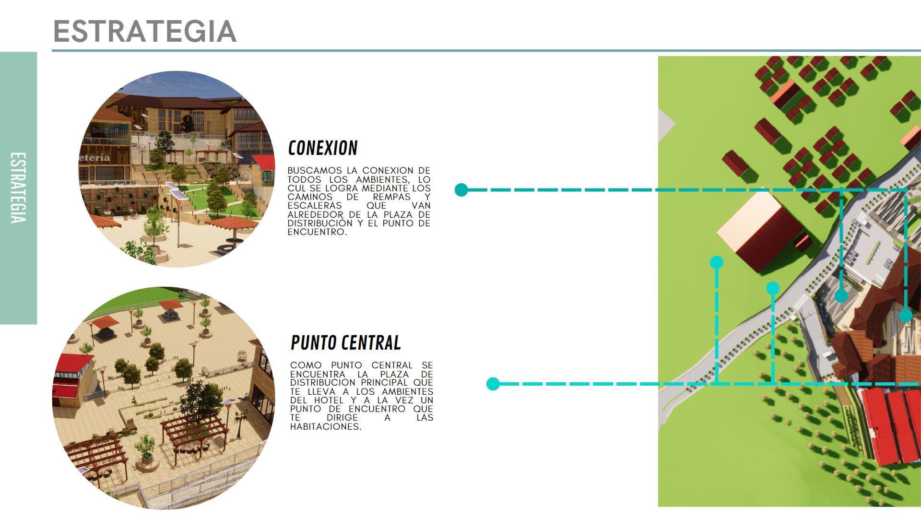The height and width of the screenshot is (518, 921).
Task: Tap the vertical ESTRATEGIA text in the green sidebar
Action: pyautogui.click(x=18, y=188)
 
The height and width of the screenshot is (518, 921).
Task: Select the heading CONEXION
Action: pyautogui.click(x=323, y=148)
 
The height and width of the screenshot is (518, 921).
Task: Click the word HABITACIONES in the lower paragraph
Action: pyautogui.click(x=326, y=426)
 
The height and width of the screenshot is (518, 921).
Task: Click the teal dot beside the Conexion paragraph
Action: pyautogui.click(x=461, y=189)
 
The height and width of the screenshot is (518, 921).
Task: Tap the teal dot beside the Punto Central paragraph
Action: pyautogui.click(x=493, y=384)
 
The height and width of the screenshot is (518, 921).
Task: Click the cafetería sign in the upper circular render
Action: pyautogui.click(x=95, y=158)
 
